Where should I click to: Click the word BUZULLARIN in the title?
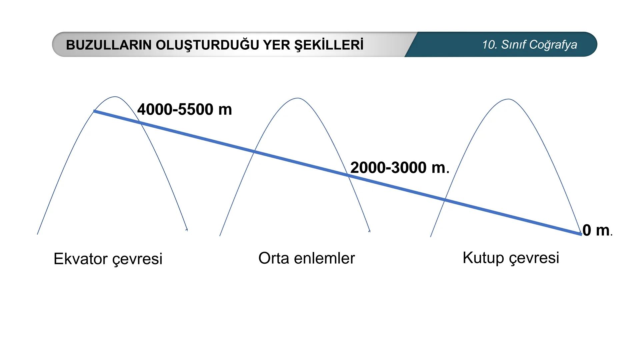[109, 45]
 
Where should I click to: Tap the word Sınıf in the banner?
[513, 45]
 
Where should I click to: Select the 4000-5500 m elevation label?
[184, 109]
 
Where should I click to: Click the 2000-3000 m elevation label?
[399, 167]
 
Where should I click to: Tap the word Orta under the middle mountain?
[273, 258]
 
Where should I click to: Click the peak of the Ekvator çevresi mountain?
[115, 97]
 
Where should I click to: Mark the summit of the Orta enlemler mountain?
[297, 98]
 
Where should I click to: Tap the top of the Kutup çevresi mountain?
[508, 99]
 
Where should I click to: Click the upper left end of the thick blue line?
[95, 111]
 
